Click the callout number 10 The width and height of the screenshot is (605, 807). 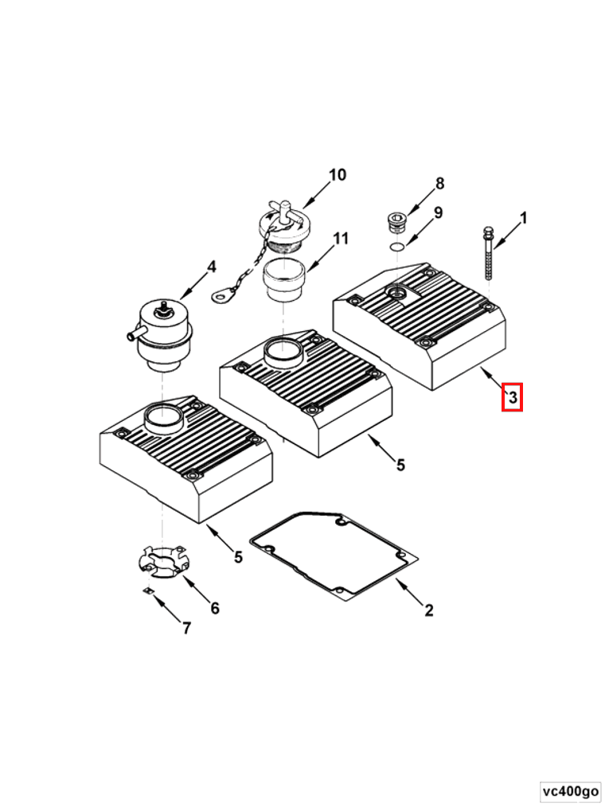coord(338,175)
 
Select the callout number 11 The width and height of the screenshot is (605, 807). coord(342,238)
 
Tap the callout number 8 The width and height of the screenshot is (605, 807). coord(439,185)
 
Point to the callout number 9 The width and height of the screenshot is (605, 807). coord(438,213)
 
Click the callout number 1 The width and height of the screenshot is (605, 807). coord(523,217)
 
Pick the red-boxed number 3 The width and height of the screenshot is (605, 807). coord(512,396)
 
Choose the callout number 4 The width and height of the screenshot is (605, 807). coord(211,267)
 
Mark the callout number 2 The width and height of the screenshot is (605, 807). coord(428,610)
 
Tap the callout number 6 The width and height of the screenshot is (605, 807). coord(214,609)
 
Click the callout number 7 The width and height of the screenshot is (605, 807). coord(186,628)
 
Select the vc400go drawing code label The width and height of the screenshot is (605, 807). coord(570,791)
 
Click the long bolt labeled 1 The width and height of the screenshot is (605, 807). coord(487,253)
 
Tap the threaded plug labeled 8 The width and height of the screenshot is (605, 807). coord(396,220)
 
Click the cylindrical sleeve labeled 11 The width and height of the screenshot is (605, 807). coord(285,281)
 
